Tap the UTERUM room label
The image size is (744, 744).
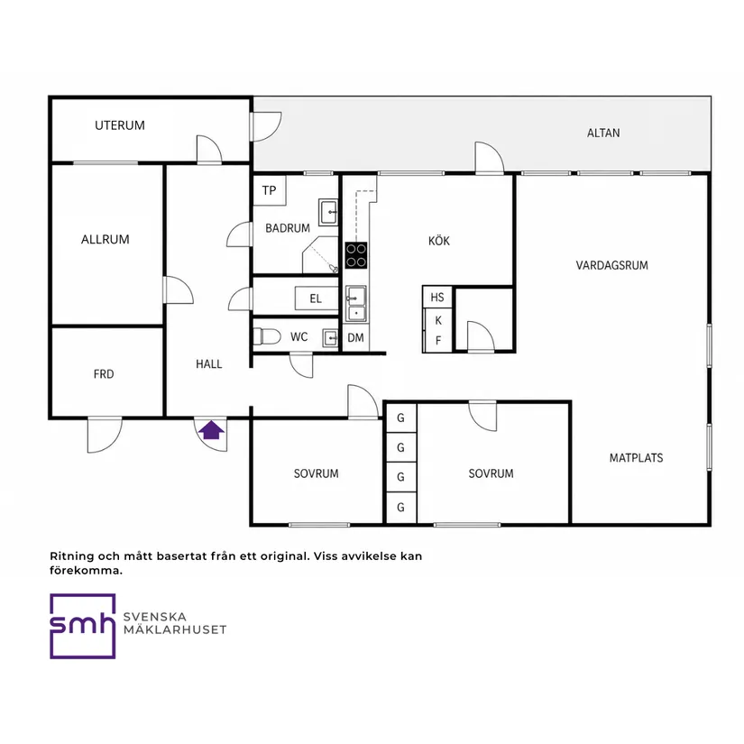tap(120, 125)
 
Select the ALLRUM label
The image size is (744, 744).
tap(106, 240)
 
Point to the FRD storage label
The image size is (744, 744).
tap(104, 374)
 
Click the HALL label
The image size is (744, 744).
tap(209, 364)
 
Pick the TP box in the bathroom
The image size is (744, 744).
tap(269, 190)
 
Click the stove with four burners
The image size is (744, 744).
tap(356, 255)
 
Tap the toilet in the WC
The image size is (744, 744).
tap(267, 337)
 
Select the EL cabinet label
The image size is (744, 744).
tap(316, 299)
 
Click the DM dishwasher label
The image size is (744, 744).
tap(356, 338)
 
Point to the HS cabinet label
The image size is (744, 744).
tap(437, 298)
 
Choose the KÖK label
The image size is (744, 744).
tap(439, 241)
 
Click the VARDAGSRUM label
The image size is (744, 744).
tap(612, 265)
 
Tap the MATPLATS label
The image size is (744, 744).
tap(637, 458)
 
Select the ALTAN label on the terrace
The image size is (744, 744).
tap(603, 133)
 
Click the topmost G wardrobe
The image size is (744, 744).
tap(401, 418)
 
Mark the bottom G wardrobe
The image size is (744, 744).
tap(401, 507)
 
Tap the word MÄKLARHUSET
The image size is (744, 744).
tap(175, 629)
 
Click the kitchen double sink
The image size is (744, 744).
tap(356, 303)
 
